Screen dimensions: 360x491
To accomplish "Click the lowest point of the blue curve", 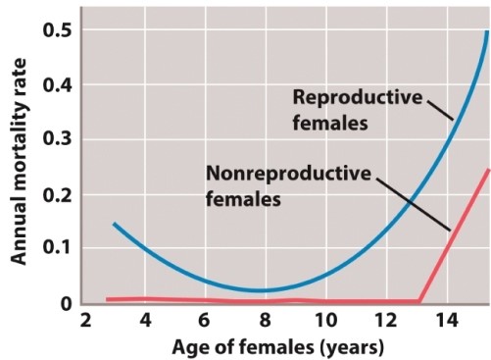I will (258, 290).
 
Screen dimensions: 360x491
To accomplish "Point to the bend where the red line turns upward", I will (419, 300).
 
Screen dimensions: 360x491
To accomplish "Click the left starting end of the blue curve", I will (114, 224).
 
